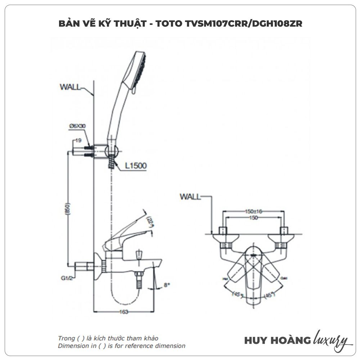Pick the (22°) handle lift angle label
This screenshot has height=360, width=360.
click(150, 220)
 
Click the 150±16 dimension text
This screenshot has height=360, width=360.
click(254, 212)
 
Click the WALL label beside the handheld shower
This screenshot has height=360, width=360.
click(70, 86)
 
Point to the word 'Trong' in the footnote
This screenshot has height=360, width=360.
click(66, 338)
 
